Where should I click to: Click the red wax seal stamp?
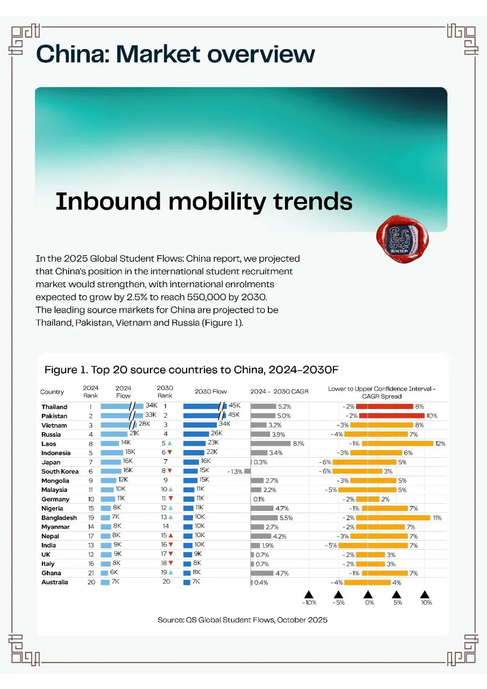click(x=402, y=239)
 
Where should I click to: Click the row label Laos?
click(x=49, y=444)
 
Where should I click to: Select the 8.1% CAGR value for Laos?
click(x=298, y=444)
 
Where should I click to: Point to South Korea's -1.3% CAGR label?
click(x=235, y=472)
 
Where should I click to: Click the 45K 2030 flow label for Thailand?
click(x=234, y=405)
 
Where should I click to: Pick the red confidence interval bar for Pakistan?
click(x=392, y=416)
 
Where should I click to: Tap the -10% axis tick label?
click(x=309, y=602)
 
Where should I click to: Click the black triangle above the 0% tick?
click(x=368, y=594)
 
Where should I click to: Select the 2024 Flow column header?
click(x=124, y=392)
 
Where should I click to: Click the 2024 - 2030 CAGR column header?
click(x=279, y=391)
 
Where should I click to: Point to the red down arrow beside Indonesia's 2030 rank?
click(x=170, y=452)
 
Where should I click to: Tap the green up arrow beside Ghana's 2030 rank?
click(x=171, y=572)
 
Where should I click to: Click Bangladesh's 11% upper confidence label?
click(x=437, y=518)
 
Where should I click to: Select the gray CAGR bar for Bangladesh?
click(x=264, y=518)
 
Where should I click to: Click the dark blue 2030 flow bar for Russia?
click(x=196, y=434)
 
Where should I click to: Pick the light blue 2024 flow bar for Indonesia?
click(x=112, y=453)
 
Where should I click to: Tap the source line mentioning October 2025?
click(x=243, y=620)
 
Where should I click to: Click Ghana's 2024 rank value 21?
click(x=91, y=573)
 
